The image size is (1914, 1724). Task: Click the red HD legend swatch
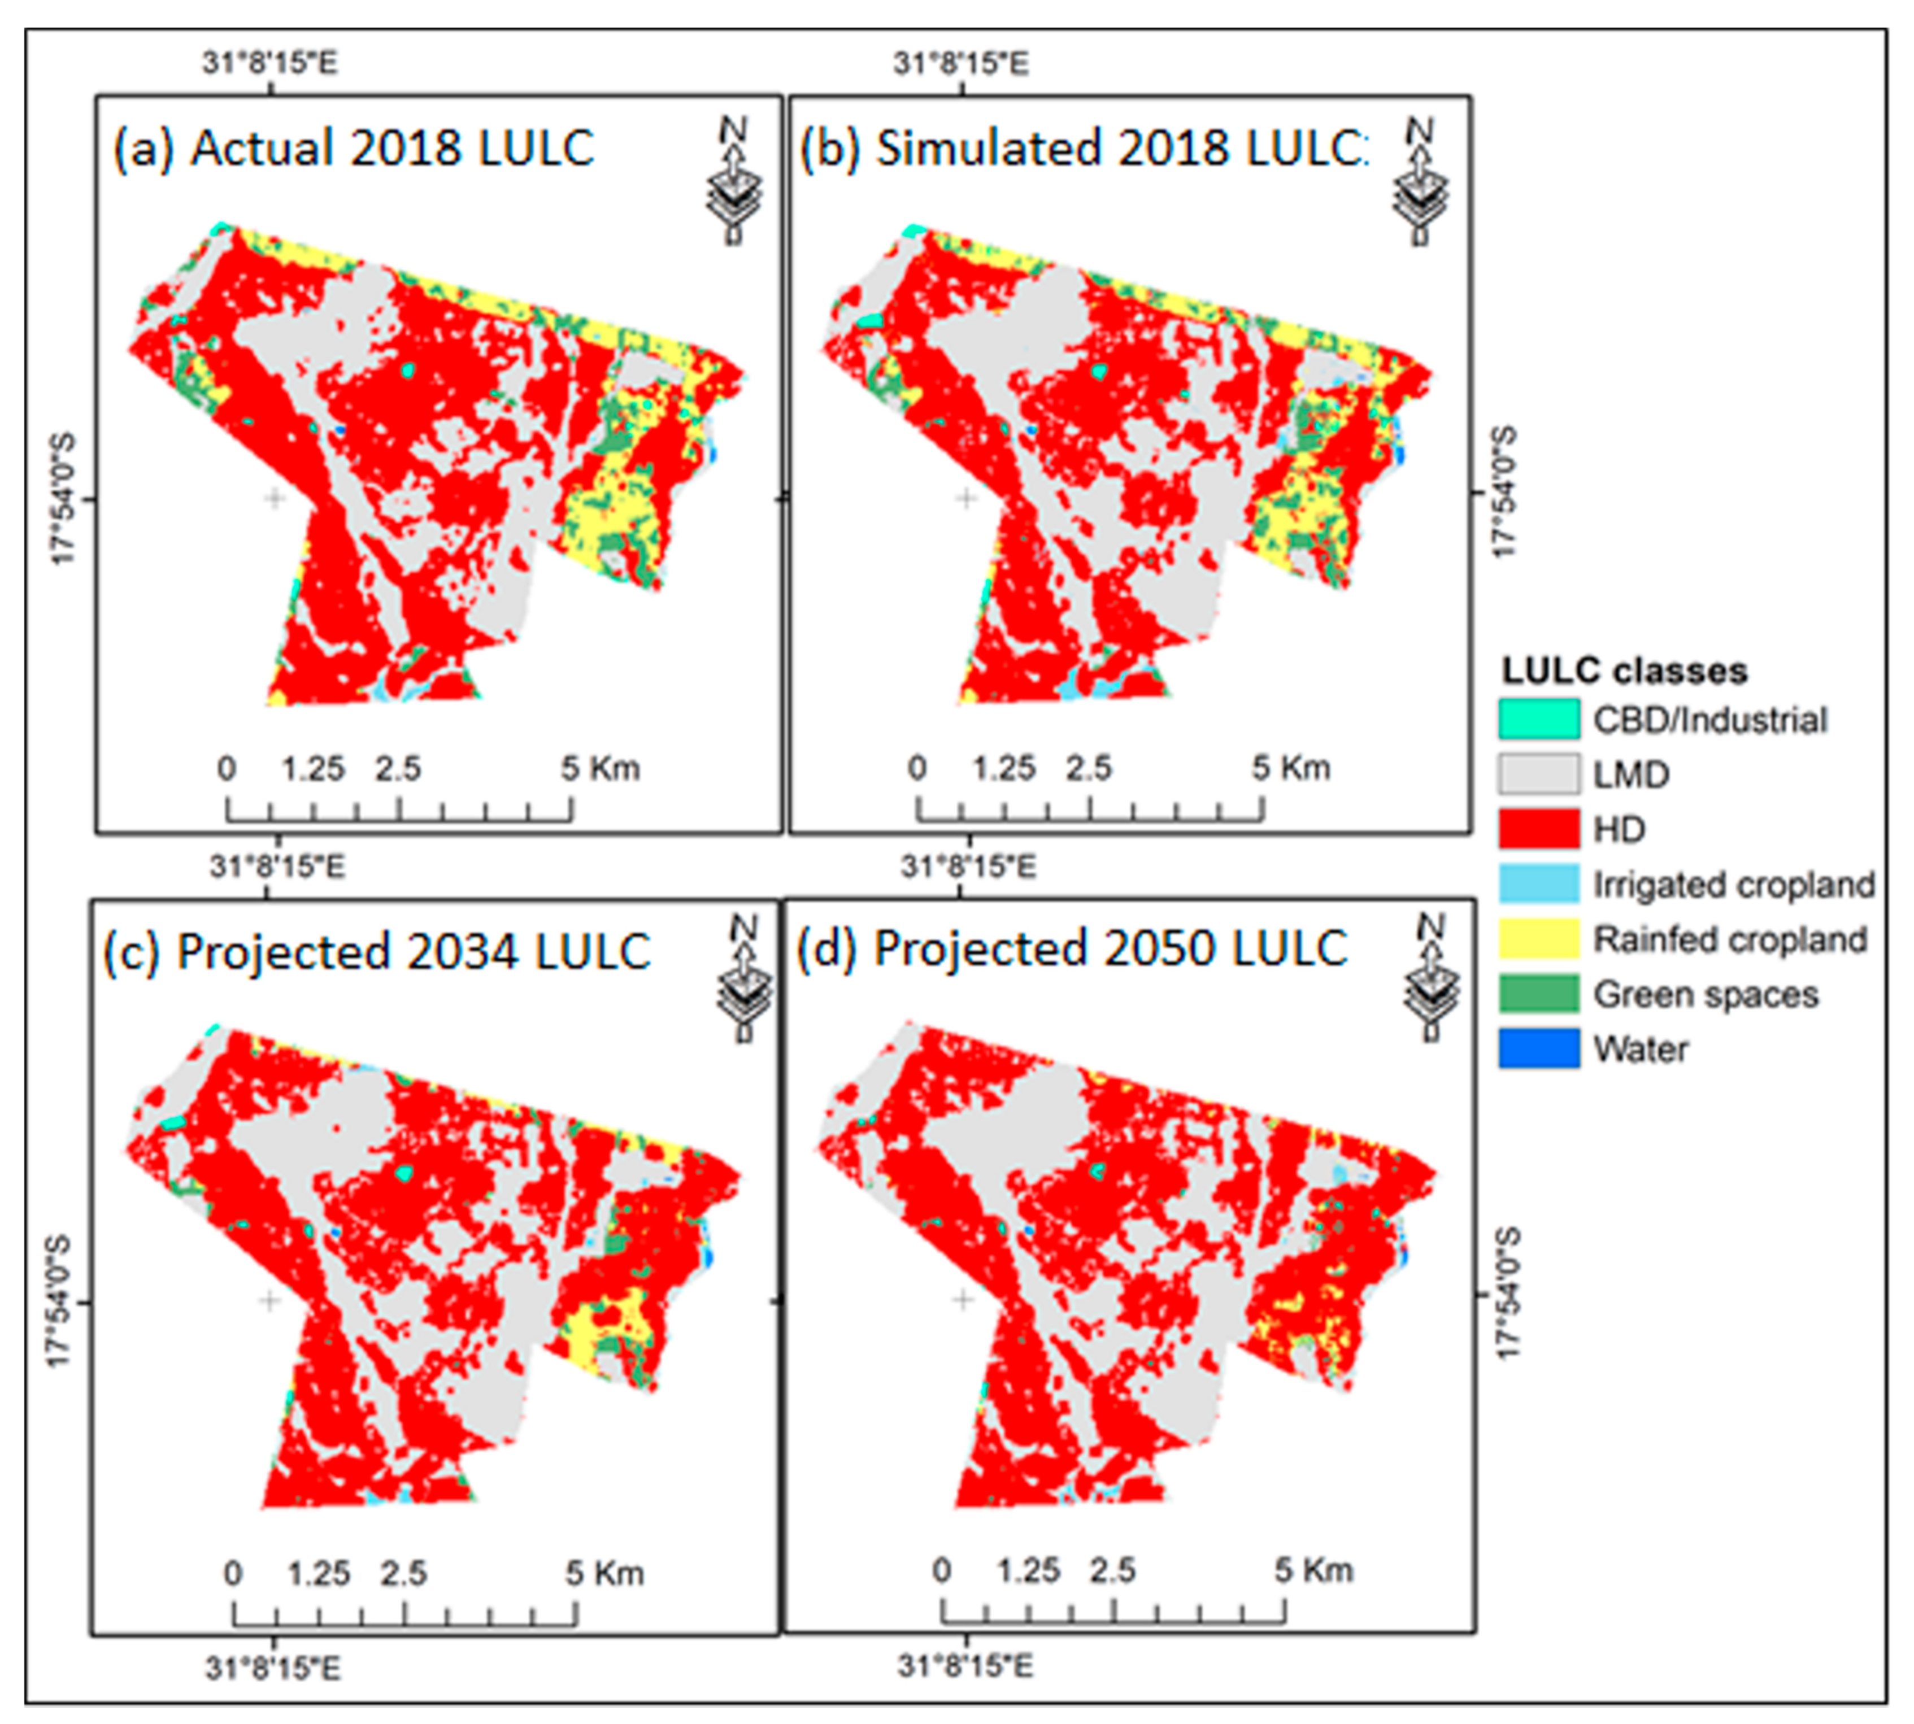click(1538, 829)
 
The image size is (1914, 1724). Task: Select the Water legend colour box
click(1538, 1048)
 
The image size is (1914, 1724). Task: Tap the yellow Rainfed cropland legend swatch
click(1538, 939)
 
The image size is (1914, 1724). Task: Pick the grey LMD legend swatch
click(1538, 774)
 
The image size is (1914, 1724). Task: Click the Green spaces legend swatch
click(1538, 994)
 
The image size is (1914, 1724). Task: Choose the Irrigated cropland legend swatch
click(1538, 884)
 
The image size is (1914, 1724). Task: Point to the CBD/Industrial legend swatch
click(1538, 719)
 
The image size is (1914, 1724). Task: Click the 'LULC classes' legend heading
click(1623, 671)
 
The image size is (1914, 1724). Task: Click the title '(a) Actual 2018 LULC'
click(353, 149)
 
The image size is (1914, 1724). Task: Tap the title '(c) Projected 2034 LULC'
click(376, 952)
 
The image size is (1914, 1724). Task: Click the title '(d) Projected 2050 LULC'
click(1071, 948)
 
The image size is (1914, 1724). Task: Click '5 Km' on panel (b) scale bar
click(1290, 768)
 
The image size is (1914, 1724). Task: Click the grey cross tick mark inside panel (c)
click(270, 1300)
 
